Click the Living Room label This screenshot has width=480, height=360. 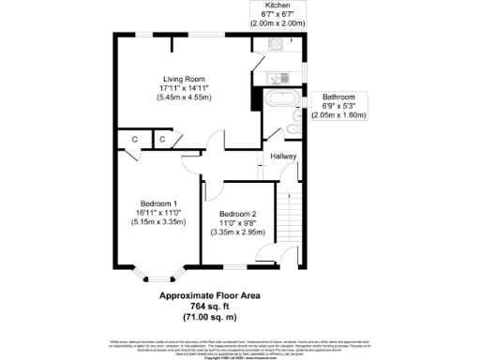[183, 79]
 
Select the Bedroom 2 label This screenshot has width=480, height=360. [238, 213]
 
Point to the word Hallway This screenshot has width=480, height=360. [284, 157]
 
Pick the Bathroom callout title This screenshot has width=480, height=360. [339, 97]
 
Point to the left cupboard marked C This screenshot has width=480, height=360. [135, 141]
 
